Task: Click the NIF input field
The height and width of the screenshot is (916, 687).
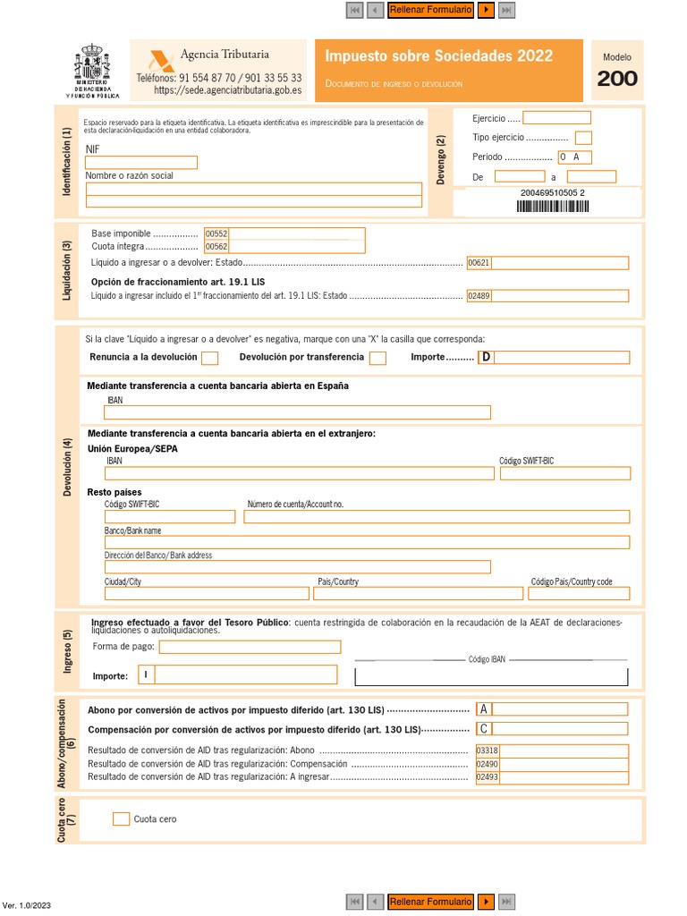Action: click(x=141, y=162)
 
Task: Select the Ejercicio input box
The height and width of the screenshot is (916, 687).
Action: click(x=556, y=118)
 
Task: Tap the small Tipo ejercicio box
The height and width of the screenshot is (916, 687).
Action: click(x=583, y=138)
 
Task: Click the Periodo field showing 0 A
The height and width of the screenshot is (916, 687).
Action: click(x=574, y=157)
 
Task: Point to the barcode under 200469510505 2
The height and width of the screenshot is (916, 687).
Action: click(x=553, y=207)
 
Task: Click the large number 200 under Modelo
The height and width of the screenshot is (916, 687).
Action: click(x=617, y=79)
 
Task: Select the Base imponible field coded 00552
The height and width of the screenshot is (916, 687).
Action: click(x=284, y=233)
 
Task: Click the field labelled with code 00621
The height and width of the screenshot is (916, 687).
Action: click(x=547, y=263)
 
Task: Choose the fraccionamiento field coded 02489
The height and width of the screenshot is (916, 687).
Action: click(x=547, y=295)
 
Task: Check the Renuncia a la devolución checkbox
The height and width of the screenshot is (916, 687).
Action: click(x=209, y=358)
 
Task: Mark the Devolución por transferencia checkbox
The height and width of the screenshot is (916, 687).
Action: click(x=377, y=358)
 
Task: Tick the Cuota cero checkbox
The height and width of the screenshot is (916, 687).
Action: click(x=122, y=818)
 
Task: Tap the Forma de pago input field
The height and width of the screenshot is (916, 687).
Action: click(x=250, y=647)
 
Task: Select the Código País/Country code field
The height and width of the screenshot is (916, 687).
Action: click(x=579, y=593)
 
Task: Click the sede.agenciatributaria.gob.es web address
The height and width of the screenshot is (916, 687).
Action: click(x=227, y=90)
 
